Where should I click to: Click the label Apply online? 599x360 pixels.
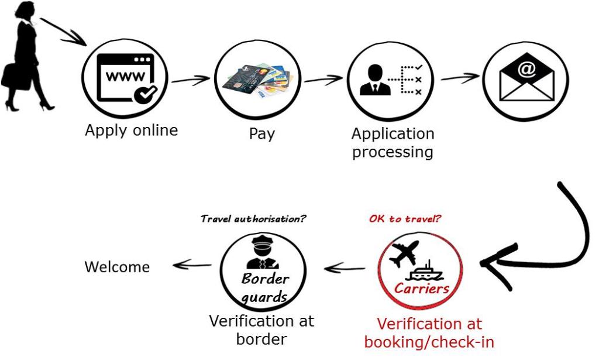click(x=131, y=130)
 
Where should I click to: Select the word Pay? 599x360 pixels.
click(x=261, y=134)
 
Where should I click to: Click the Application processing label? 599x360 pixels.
click(x=393, y=143)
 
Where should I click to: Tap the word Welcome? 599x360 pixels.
click(x=117, y=268)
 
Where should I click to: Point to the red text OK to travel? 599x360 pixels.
click(x=405, y=220)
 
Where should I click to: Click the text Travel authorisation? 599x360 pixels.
click(x=253, y=220)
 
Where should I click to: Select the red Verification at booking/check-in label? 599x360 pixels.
click(x=429, y=332)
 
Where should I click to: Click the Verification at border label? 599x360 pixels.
click(x=261, y=330)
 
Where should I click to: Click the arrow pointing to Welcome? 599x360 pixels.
click(x=192, y=265)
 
